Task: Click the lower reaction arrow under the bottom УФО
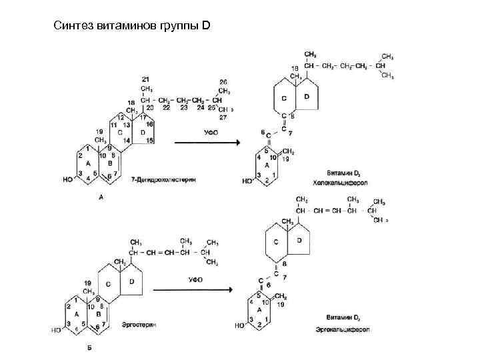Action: pyautogui.click(x=193, y=289)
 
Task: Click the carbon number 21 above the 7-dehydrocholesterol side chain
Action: pyautogui.click(x=145, y=80)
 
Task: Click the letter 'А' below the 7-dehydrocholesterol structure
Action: pyautogui.click(x=101, y=197)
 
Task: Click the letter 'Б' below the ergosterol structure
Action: pyautogui.click(x=89, y=347)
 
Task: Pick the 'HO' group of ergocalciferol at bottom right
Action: pyautogui.click(x=239, y=326)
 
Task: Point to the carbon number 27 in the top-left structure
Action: pyautogui.click(x=223, y=117)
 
